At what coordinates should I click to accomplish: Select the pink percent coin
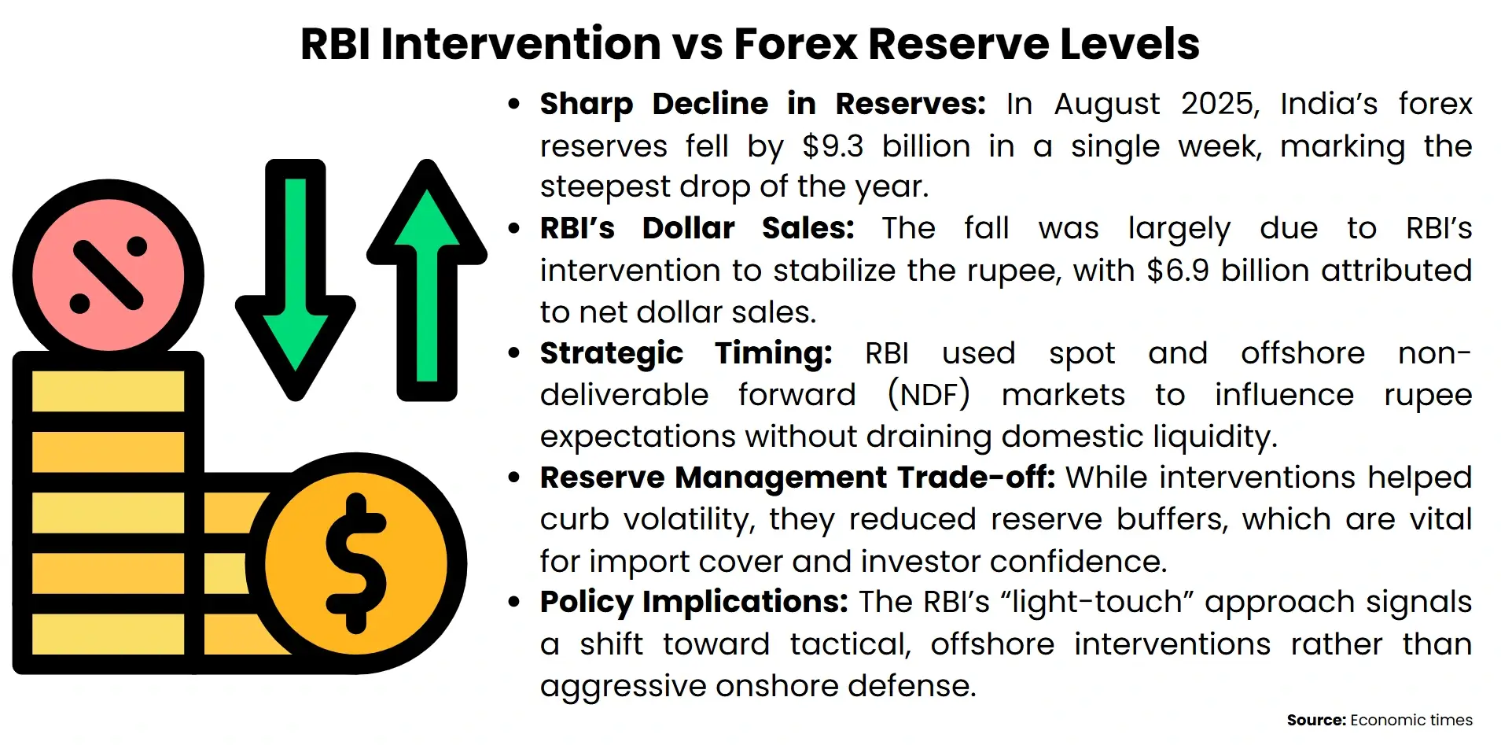click(109, 275)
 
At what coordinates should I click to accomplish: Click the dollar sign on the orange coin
click(356, 563)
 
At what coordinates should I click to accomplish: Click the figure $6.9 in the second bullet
click(1177, 271)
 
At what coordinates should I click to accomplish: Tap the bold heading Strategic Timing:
click(686, 353)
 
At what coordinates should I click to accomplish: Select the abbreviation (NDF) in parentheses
click(928, 395)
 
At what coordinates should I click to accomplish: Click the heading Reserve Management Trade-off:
click(797, 478)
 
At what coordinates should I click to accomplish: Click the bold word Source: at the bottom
click(1315, 720)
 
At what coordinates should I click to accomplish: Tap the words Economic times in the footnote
click(1411, 720)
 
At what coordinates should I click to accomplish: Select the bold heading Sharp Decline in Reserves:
click(762, 104)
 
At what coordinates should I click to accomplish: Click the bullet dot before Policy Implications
click(514, 603)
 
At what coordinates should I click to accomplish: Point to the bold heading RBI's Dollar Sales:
click(697, 228)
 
